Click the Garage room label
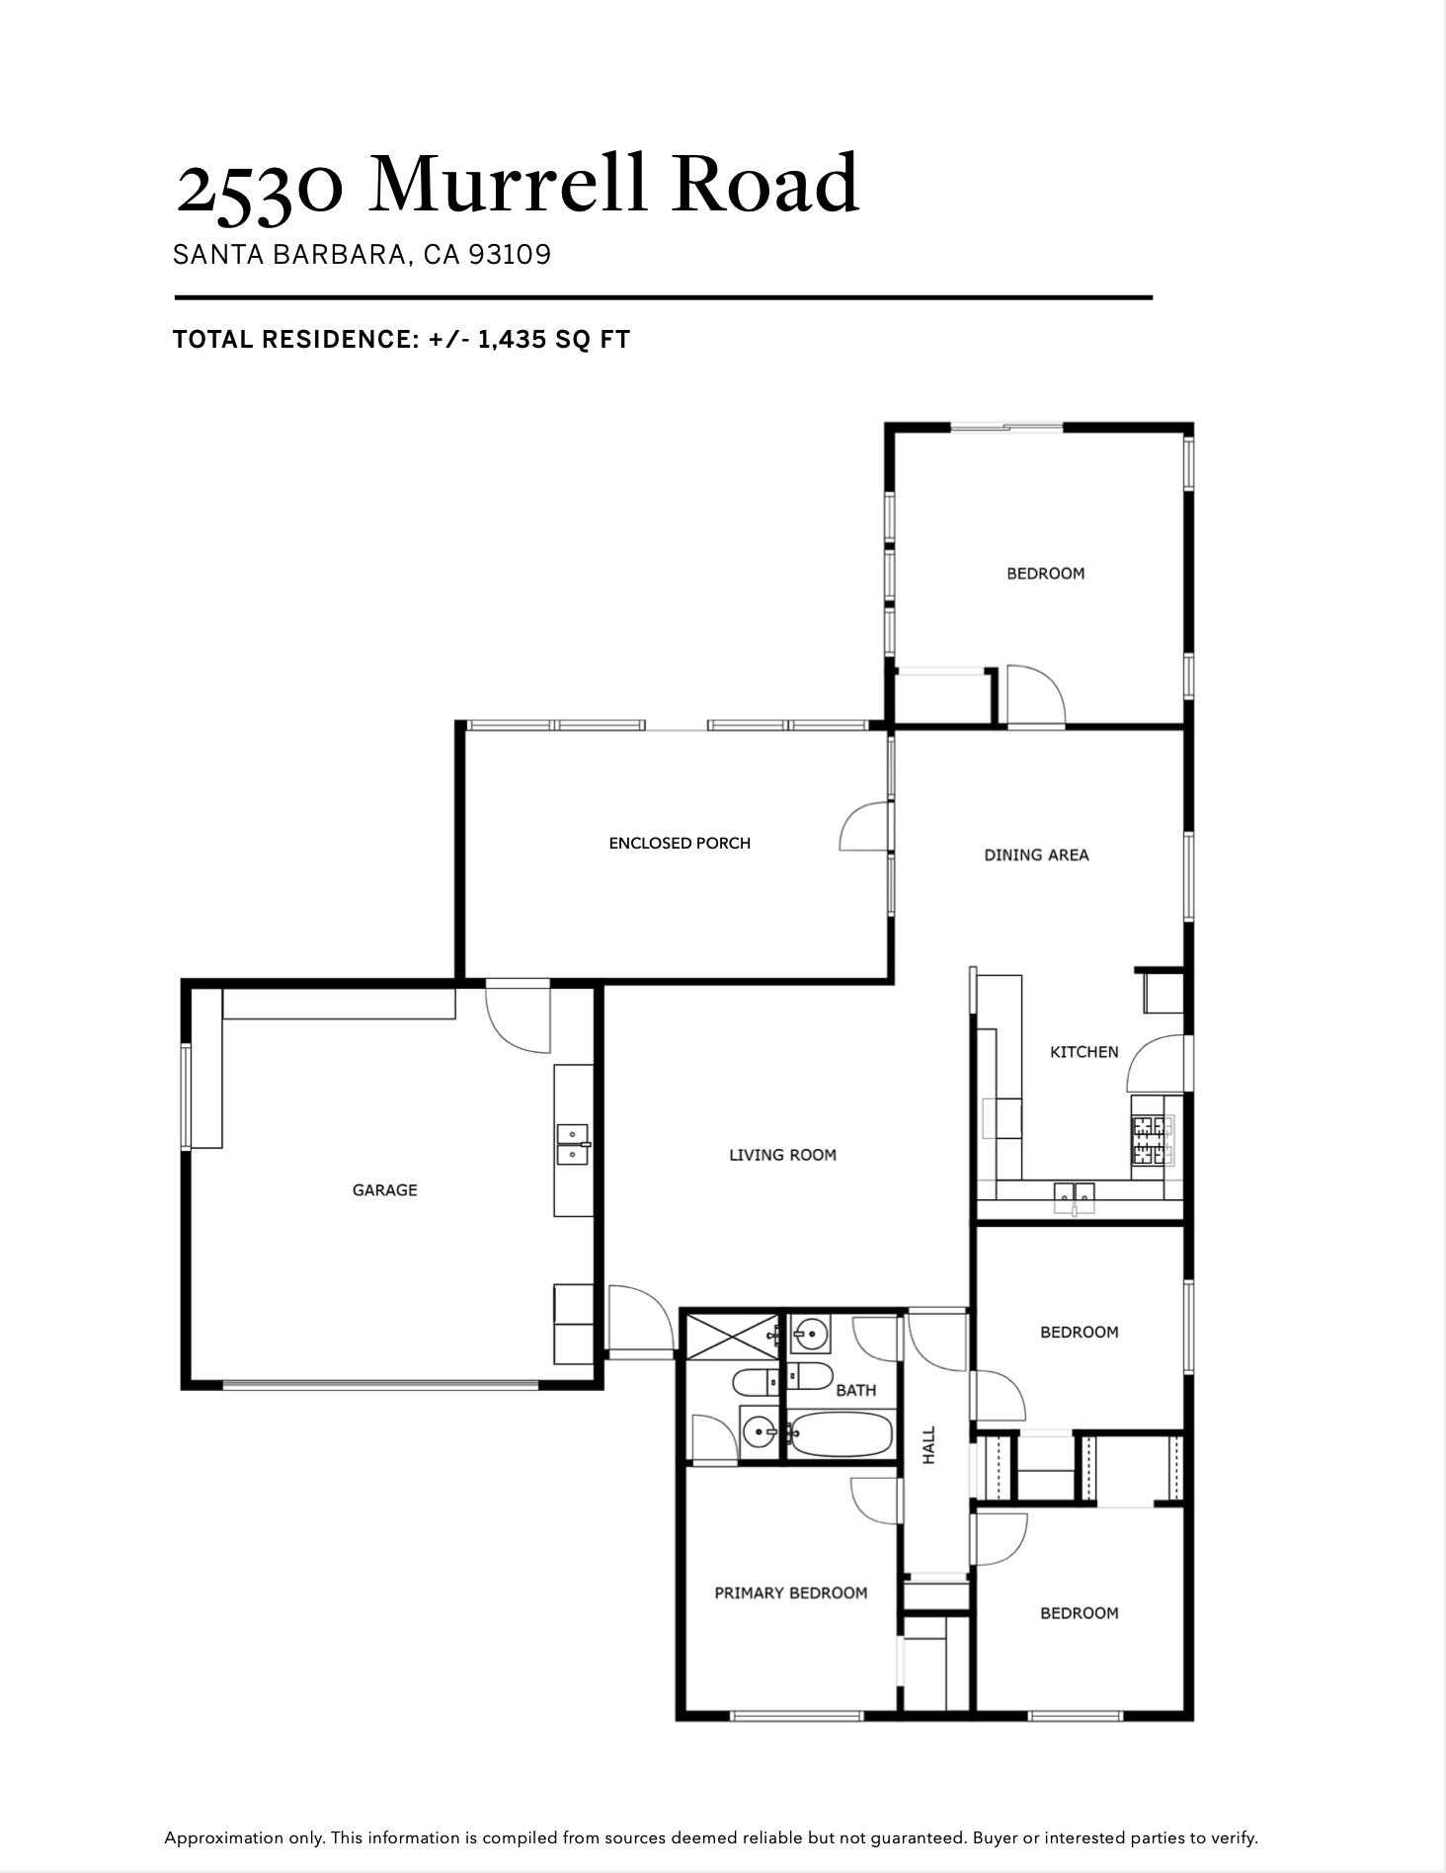(384, 1190)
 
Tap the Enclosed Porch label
(680, 844)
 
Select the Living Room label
(782, 1155)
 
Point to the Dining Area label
(1036, 855)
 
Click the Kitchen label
(1084, 1052)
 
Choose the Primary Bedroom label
(790, 1593)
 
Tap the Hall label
(929, 1444)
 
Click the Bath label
(855, 1391)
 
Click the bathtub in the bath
(840, 1434)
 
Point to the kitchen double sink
(1074, 1197)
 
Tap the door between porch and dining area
(864, 828)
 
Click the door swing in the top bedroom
(1035, 696)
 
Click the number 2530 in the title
(260, 185)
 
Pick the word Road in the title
(765, 185)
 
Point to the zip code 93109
(510, 255)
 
